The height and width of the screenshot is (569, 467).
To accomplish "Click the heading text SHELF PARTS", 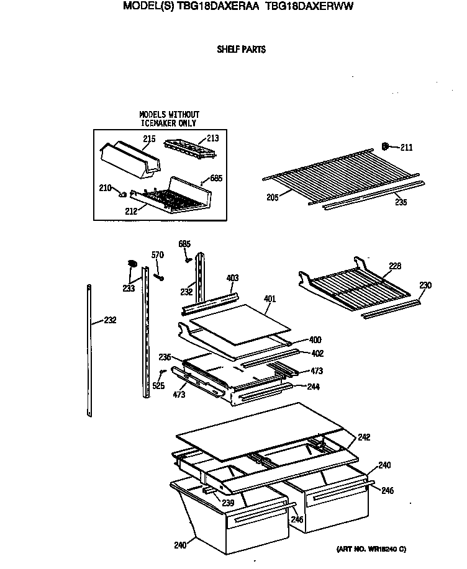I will pos(241,49).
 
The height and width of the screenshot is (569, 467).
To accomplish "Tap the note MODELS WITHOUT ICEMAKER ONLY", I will pos(170,119).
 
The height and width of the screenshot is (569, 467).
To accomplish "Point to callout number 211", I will pos(406,148).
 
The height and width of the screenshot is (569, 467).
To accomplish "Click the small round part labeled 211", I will pos(385,146).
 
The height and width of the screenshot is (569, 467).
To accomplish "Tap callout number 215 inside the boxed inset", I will pos(149,139).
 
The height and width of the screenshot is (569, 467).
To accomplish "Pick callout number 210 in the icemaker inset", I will pos(106,187).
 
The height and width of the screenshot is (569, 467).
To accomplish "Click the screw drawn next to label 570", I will pos(159,275).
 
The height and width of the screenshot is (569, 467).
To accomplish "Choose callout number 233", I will pos(128,288).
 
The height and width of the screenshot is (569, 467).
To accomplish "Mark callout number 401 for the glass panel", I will pos(269,298).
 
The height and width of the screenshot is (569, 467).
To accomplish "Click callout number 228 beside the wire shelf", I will pos(395,266).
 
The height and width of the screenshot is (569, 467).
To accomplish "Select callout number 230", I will pos(425,285).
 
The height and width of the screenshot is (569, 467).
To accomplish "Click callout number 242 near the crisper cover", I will pos(363,437).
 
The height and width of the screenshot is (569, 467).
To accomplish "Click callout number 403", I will pos(232,278).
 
